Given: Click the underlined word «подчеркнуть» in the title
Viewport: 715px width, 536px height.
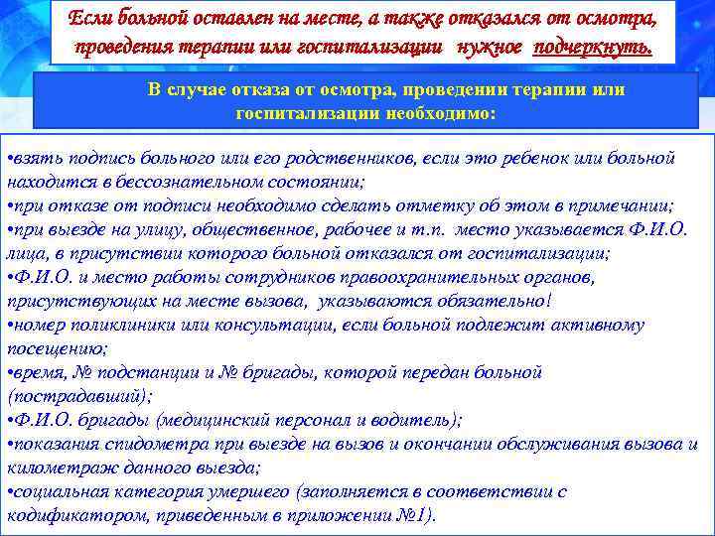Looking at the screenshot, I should tap(593, 47).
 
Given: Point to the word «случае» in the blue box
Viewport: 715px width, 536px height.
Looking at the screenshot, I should tap(214, 90).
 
